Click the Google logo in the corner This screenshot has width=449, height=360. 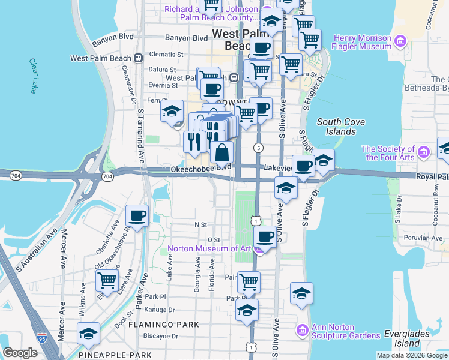click(x=20, y=353)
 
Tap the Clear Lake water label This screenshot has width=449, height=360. click(x=32, y=76)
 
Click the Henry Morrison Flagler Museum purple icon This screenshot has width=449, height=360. click(x=401, y=42)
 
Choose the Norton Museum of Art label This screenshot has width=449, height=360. click(x=209, y=248)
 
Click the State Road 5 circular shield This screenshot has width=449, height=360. click(x=258, y=148)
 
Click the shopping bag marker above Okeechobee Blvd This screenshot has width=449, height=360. click(x=221, y=152)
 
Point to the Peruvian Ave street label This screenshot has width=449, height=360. click(x=423, y=238)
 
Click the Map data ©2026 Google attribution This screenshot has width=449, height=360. click(x=412, y=355)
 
